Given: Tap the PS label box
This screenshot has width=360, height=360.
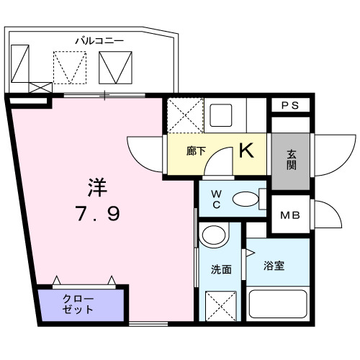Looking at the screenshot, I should point(290,105).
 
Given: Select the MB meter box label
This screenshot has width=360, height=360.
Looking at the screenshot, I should point(290,214).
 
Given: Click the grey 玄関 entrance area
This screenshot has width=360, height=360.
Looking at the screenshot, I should point(290,156).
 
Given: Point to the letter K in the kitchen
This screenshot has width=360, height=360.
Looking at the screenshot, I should point(246,151).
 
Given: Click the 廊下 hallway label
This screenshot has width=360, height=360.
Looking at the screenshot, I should point(197,153).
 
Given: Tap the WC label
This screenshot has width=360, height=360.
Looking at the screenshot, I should point(215,199).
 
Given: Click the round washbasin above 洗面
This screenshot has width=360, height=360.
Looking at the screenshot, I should point(213,235).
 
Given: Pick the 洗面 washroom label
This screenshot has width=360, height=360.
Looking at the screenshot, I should point(221,270).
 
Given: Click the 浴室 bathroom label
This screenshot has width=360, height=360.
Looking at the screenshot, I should point(274,266).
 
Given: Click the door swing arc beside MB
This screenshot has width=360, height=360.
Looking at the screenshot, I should point(328,214).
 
